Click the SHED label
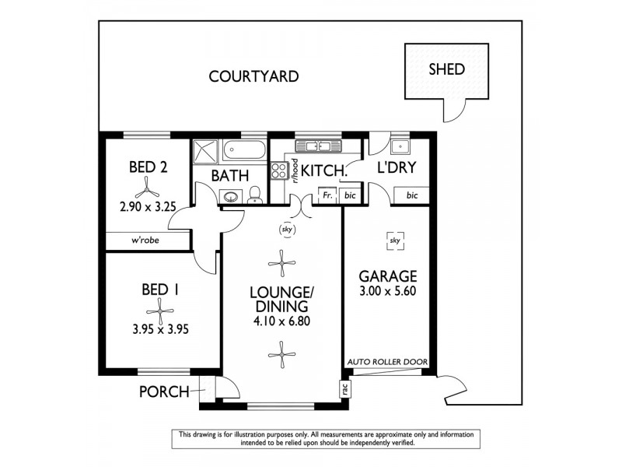[x=446, y=69]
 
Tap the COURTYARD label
[x=254, y=76]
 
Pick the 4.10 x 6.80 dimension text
[x=281, y=321]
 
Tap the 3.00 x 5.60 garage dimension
[x=388, y=291]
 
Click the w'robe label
[x=145, y=241]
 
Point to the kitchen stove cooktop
[x=280, y=170]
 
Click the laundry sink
[x=401, y=147]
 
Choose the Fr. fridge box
[x=328, y=195]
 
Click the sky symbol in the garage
[x=394, y=242]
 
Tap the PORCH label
[x=164, y=392]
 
